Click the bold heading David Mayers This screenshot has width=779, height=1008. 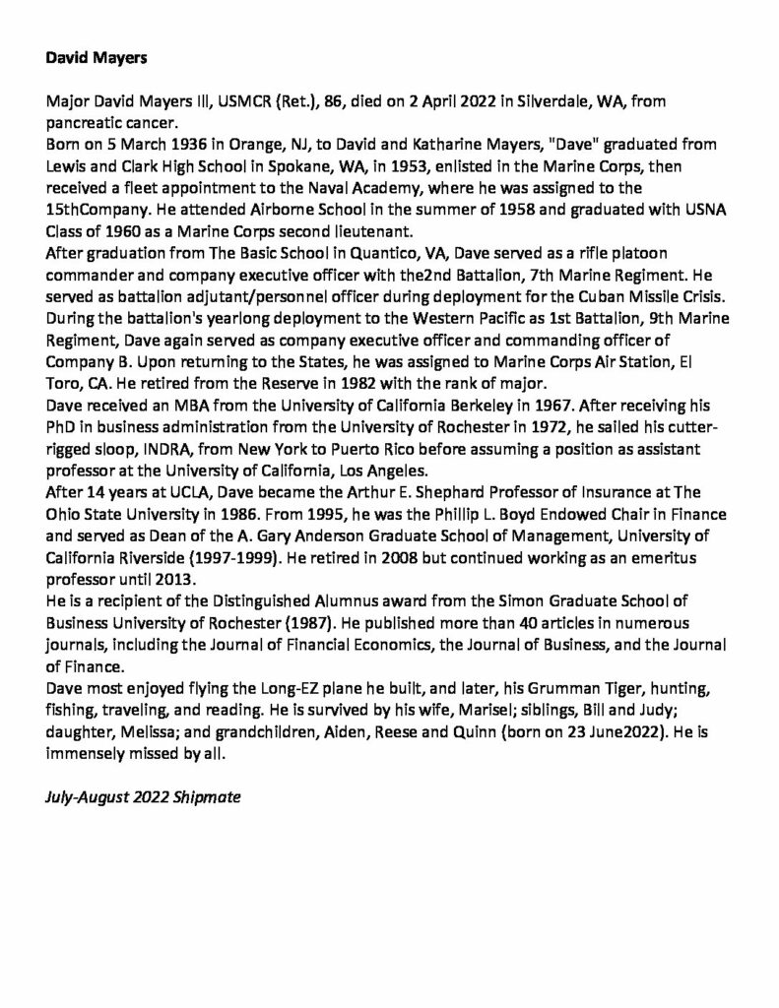coord(97,58)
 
